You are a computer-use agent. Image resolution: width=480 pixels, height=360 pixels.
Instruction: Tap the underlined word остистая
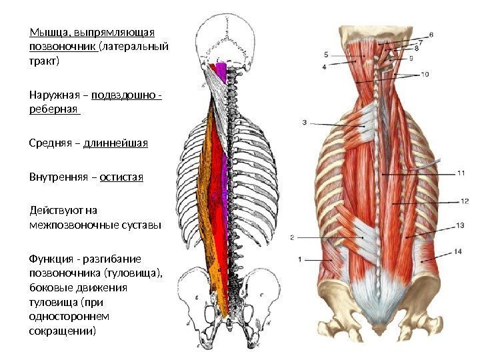[x=121, y=178]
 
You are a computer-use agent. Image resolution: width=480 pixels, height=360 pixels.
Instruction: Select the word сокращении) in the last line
[x=63, y=330]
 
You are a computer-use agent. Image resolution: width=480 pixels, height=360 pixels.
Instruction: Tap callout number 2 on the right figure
[x=291, y=236]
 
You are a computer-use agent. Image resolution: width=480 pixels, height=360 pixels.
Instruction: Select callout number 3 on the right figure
[x=304, y=122]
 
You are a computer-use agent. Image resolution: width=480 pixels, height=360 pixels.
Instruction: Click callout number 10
[x=425, y=73]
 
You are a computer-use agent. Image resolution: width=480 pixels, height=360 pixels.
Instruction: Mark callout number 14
[x=458, y=251]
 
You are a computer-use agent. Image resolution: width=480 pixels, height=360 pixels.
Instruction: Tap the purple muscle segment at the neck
[x=221, y=70]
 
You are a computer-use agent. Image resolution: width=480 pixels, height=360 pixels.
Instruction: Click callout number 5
[x=326, y=53]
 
